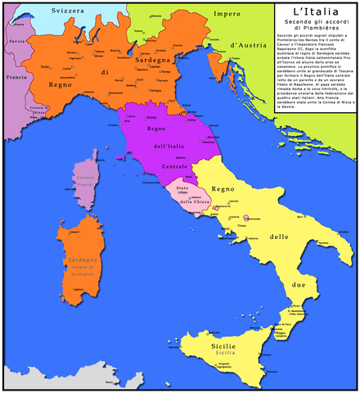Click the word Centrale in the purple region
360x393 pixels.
pos(174,166)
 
